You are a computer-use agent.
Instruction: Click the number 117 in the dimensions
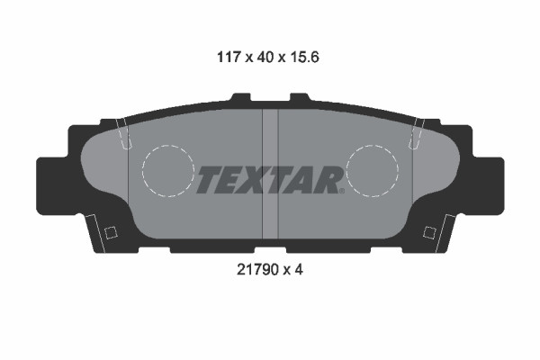(228, 57)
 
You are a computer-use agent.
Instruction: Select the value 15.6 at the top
(305, 57)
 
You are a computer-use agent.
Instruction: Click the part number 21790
(256, 270)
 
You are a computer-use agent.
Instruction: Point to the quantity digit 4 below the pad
(299, 270)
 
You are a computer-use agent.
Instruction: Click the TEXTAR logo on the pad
(270, 180)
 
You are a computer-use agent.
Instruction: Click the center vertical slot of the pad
(270, 174)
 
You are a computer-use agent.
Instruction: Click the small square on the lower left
(111, 232)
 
